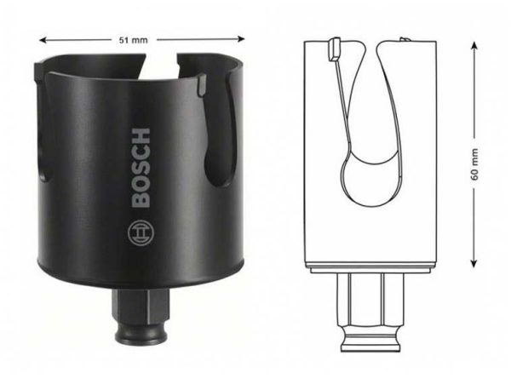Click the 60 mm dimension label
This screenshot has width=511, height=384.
coord(474,164)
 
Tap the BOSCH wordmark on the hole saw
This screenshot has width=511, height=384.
coord(141,168)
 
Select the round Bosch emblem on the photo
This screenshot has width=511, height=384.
coord(141,233)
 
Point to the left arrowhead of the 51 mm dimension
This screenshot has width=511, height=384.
coord(43,40)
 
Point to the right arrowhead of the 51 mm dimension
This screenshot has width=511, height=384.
coord(241,39)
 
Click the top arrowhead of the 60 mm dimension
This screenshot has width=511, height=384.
coord(474,45)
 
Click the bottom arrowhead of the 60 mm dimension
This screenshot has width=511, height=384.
coord(474,263)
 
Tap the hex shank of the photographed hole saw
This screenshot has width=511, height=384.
coord(141,305)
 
